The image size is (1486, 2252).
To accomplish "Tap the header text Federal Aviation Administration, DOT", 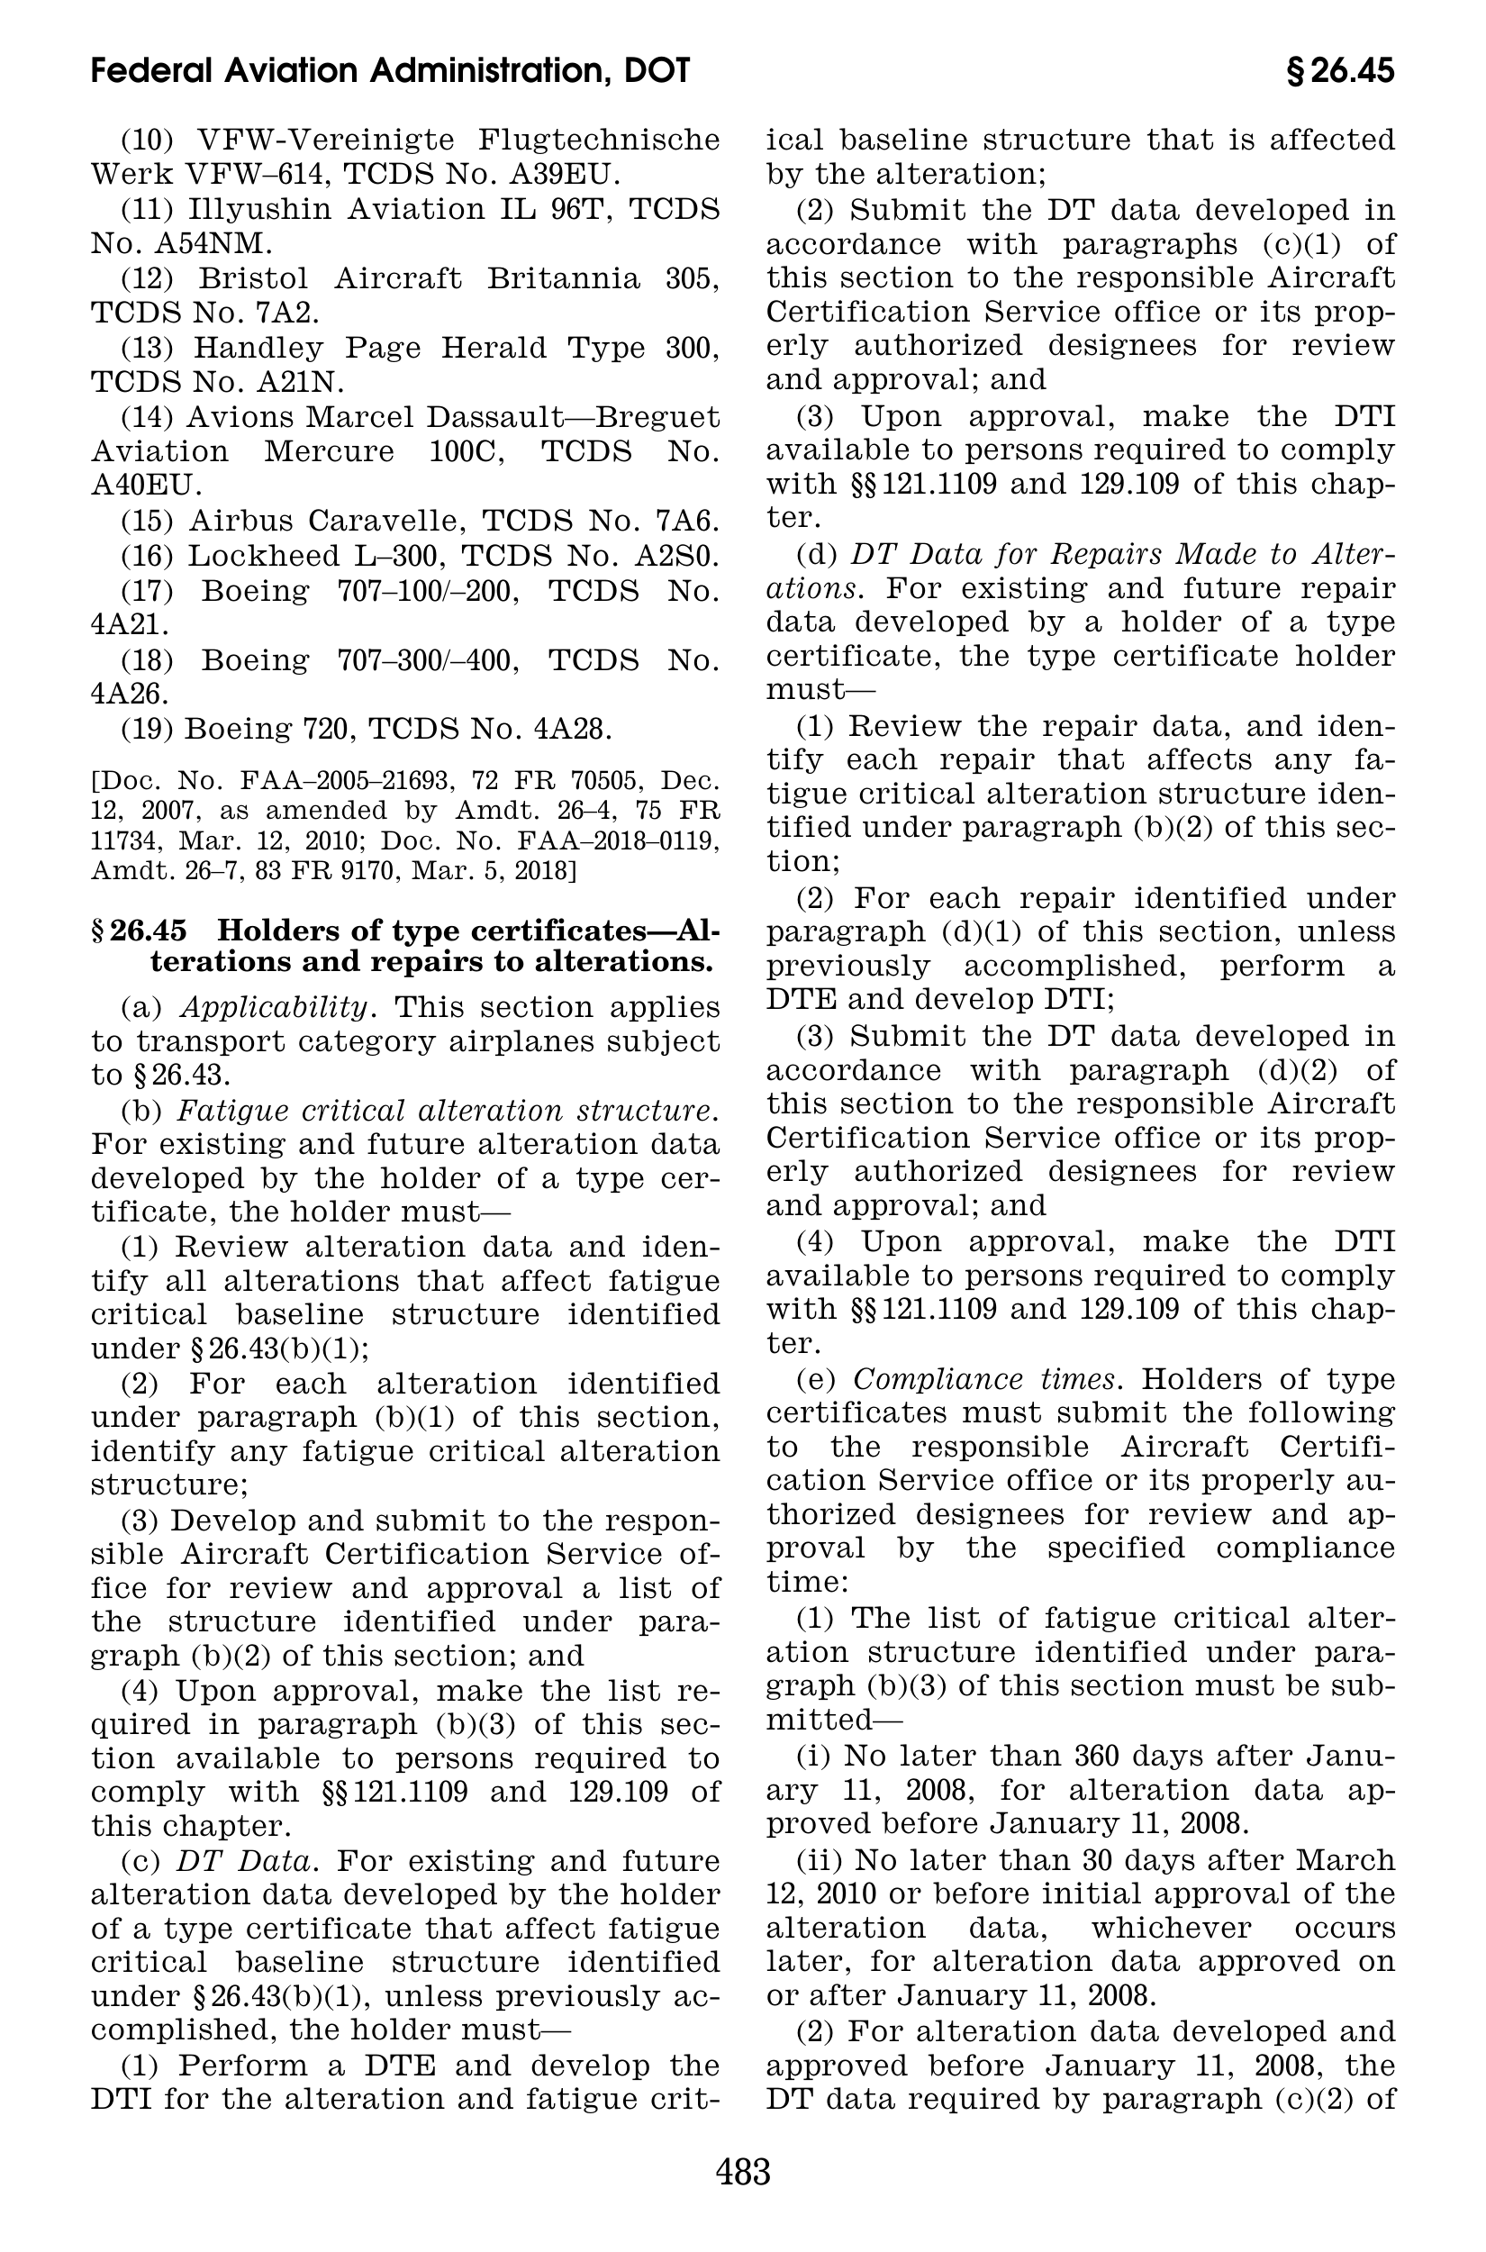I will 391,71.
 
